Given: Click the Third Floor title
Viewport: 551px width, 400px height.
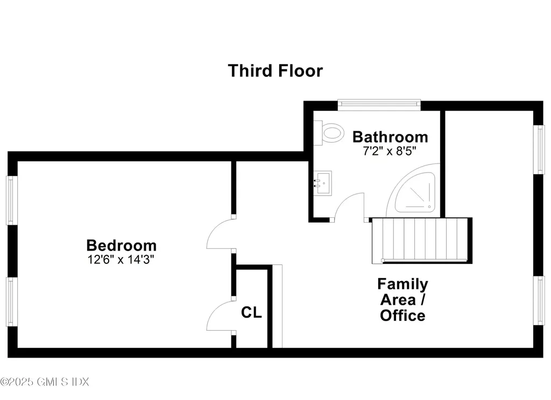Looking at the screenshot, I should pos(275,71).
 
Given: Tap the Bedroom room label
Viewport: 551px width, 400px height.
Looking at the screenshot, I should pos(122,246).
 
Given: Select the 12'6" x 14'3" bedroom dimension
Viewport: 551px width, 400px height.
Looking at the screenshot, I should pos(122,259).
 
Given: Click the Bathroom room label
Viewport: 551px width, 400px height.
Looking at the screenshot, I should pos(390,137).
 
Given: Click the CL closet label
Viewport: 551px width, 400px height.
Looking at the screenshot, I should pos(251,312).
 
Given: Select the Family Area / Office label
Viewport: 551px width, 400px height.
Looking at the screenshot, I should pos(402,299).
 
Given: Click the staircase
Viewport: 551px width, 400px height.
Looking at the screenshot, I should pos(421,240).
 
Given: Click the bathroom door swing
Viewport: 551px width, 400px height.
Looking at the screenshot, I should pos(350,207).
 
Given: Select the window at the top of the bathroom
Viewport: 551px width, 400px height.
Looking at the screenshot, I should pos(379,104).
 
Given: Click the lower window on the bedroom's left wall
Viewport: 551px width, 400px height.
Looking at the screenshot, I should pos(12,301).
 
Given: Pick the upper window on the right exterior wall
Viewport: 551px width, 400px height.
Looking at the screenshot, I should pos(539,149).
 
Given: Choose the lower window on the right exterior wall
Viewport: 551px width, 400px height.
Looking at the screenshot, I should pos(539,300).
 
